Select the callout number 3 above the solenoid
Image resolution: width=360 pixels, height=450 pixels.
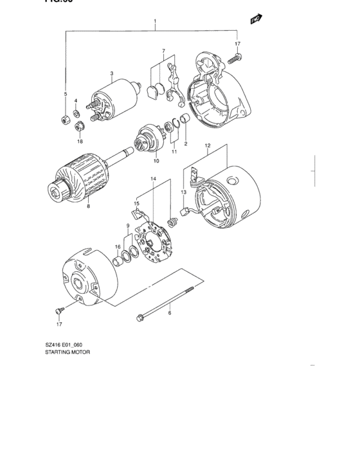pyautogui.click(x=111, y=74)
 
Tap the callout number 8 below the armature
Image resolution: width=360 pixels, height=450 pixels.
pyautogui.click(x=88, y=206)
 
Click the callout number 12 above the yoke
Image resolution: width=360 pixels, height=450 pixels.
pyautogui.click(x=207, y=146)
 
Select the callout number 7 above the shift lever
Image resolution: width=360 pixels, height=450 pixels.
pyautogui.click(x=163, y=51)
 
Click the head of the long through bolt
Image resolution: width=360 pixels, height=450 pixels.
pyautogui.click(x=139, y=316)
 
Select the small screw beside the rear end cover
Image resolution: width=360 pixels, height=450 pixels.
pyautogui.click(x=60, y=310)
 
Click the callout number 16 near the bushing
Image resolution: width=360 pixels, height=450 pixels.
pyautogui.click(x=118, y=246)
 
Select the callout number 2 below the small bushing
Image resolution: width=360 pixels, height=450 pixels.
pyautogui.click(x=186, y=144)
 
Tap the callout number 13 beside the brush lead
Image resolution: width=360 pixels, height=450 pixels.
pyautogui.click(x=183, y=192)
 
